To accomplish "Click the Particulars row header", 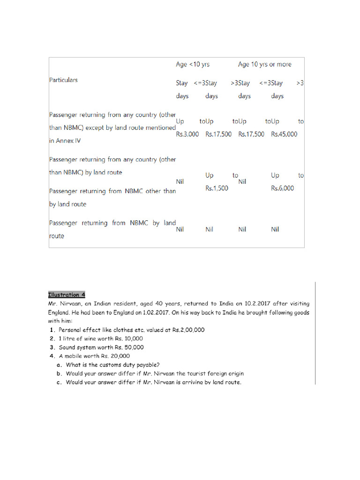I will point(64,80).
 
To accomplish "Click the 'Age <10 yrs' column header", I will point(193,64).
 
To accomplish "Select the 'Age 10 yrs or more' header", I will point(264,64).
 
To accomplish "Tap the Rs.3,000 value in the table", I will point(187,134).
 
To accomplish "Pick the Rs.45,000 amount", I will point(284,134).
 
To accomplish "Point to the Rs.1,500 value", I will point(217,188).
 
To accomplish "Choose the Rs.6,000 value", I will point(283,188).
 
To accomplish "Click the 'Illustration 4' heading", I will point(67,295).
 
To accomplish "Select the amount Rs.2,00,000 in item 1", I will point(188,330).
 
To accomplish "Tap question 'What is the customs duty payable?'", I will point(113,365).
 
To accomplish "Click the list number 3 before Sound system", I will point(52,347).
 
